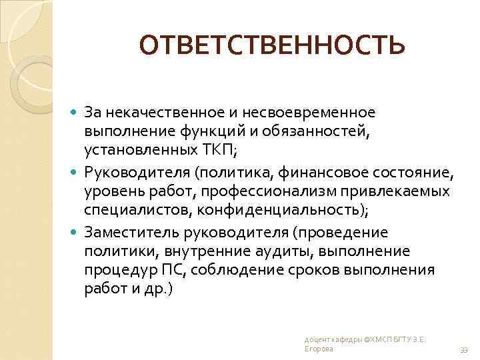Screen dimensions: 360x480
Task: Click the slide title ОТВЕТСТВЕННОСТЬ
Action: tap(271, 45)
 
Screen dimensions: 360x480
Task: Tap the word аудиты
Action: tap(289, 251)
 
